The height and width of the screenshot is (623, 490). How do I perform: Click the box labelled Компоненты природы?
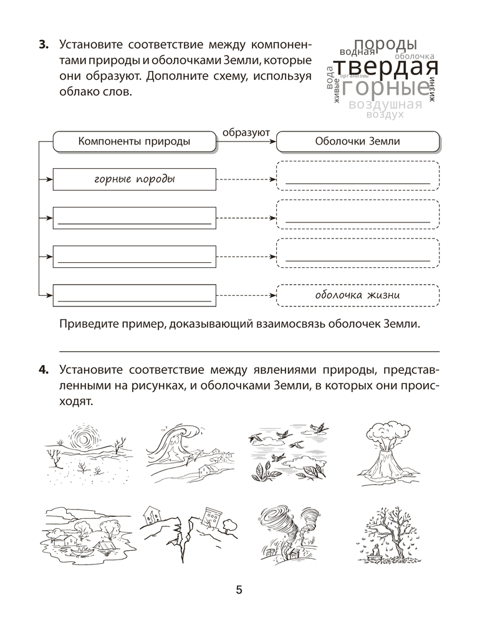tap(134, 141)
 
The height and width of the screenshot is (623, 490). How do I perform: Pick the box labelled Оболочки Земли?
tap(357, 141)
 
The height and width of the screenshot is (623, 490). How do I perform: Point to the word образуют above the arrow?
tap(246, 131)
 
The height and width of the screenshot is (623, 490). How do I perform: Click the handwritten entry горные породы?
tap(134, 179)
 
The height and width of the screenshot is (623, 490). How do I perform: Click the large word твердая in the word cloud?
tap(385, 67)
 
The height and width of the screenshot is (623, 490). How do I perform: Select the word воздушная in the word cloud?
tap(385, 105)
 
